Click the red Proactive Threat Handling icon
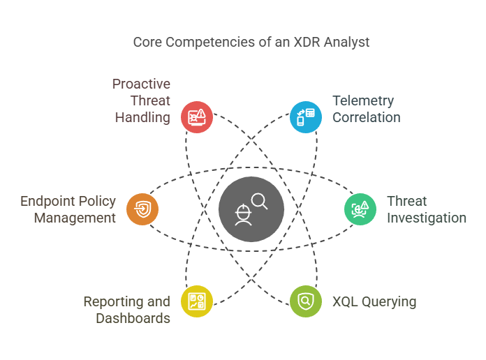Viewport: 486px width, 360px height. click(197, 117)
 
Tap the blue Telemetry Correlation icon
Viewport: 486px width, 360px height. click(306, 117)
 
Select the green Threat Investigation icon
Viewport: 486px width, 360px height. click(360, 209)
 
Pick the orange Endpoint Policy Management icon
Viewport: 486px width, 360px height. click(142, 209)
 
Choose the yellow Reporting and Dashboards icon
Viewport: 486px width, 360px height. click(197, 301)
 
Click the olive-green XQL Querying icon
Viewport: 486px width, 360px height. click(306, 301)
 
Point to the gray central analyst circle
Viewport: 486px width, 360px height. click(251, 209)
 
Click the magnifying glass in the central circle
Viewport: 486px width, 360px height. click(260, 202)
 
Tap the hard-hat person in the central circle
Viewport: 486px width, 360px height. click(243, 215)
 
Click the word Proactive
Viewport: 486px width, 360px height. click(141, 84)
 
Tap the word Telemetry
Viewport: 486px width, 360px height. click(363, 101)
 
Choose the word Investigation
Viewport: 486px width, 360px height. click(427, 218)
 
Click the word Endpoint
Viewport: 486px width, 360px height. click(48, 202)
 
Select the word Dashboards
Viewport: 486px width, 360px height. click(133, 318)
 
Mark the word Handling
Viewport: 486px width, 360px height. click(142, 118)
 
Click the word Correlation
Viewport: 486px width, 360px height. click(367, 117)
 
